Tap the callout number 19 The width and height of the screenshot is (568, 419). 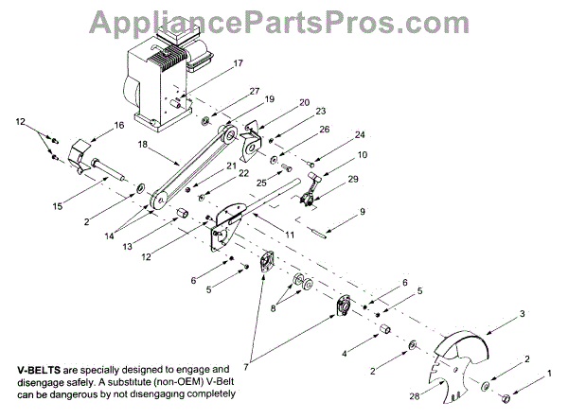(x=270, y=98)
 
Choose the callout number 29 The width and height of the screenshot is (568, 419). (x=353, y=180)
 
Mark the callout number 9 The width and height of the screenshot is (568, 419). (x=362, y=214)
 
